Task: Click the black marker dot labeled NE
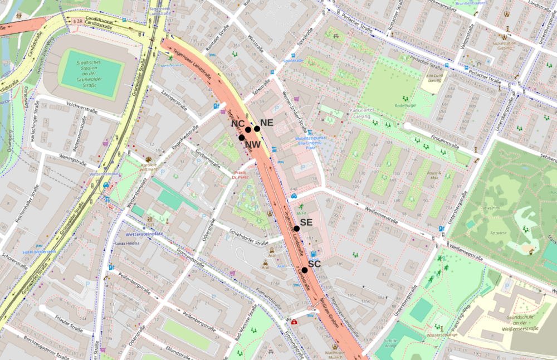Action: (257, 129)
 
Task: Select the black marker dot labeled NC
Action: (248, 129)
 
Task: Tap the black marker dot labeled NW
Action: (242, 138)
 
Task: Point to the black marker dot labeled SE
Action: (297, 228)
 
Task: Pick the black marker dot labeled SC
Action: (305, 270)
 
